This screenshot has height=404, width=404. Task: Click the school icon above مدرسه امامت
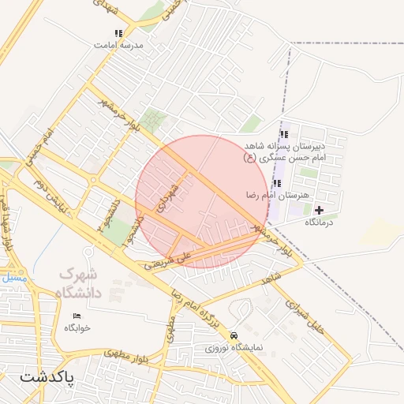118,34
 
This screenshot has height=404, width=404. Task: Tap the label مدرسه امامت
118,46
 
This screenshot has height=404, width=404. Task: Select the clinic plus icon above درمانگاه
319,210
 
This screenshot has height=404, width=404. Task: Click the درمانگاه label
320,223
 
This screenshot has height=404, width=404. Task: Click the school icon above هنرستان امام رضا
276,183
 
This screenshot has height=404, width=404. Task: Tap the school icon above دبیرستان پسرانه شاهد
284,134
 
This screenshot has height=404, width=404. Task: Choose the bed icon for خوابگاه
77,316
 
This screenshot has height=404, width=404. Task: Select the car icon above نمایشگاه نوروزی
233,335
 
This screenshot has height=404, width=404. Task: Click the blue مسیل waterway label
13,279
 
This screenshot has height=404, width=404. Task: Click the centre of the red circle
203,202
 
